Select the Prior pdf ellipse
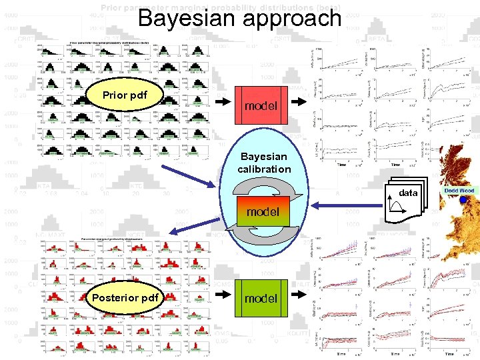pos(124,95)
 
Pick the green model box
pos(261,298)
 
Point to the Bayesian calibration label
pos(265,163)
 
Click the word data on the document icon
pos(408,193)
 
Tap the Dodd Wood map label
pos(459,191)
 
